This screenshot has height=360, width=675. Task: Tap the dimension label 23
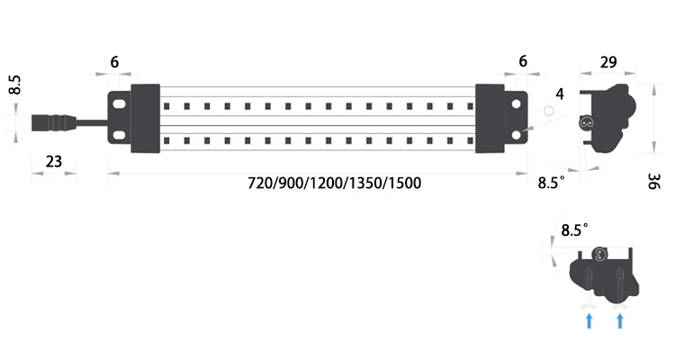click(53, 162)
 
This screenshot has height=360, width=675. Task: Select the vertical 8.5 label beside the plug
click(15, 86)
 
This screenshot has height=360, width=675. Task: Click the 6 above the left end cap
click(114, 62)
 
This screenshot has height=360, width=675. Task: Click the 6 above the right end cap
click(522, 62)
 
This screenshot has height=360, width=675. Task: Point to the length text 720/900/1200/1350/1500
click(335, 183)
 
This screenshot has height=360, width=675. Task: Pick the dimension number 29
click(607, 62)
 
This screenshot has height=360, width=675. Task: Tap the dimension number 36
click(653, 181)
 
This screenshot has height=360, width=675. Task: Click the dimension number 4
click(560, 94)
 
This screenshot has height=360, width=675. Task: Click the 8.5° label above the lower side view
click(574, 230)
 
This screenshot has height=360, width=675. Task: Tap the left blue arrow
click(589, 319)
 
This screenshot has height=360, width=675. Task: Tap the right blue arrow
click(618, 319)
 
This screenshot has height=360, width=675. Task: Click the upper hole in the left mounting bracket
click(119, 104)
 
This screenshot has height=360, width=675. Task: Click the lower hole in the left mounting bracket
click(119, 134)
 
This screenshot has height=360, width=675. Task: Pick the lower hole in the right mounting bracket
click(516, 134)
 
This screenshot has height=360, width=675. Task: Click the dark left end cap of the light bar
click(145, 120)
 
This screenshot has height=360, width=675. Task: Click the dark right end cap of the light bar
click(490, 120)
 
